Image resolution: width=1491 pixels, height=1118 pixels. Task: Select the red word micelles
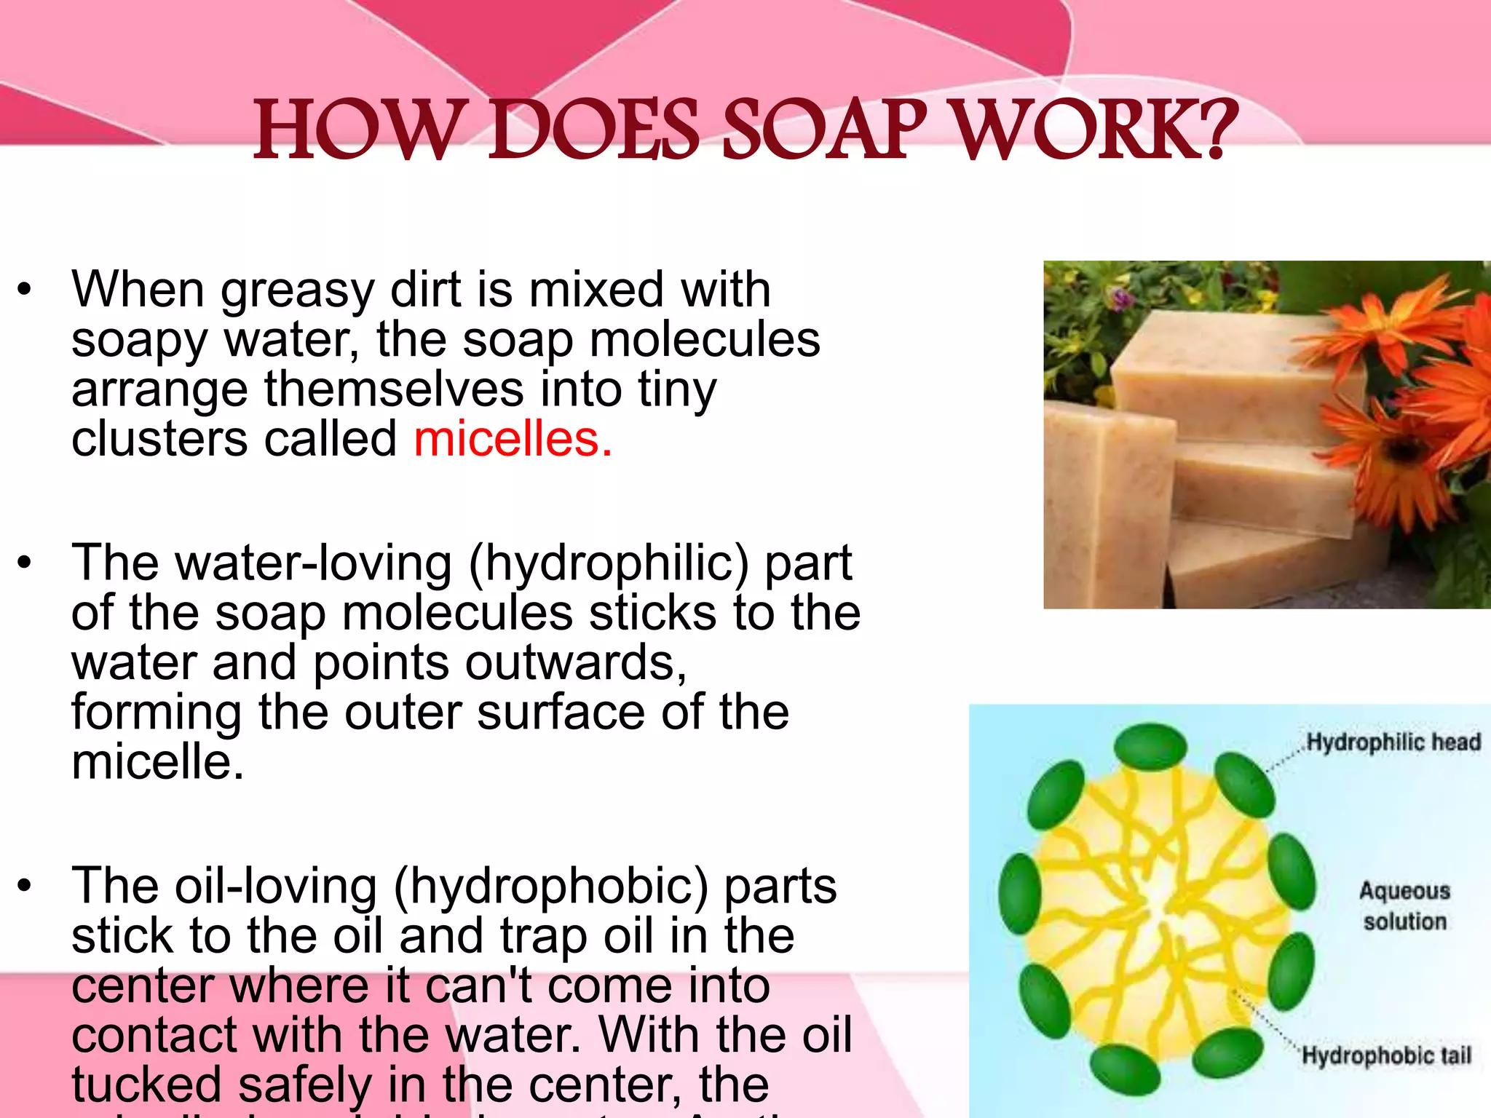point(513,440)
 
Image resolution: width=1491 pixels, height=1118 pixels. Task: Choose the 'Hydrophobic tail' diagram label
point(1386,1055)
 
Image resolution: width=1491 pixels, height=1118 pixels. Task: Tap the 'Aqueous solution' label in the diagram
point(1404,906)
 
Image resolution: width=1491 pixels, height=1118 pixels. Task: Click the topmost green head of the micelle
point(1150,747)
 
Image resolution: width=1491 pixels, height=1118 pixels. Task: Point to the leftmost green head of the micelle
point(1019,894)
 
